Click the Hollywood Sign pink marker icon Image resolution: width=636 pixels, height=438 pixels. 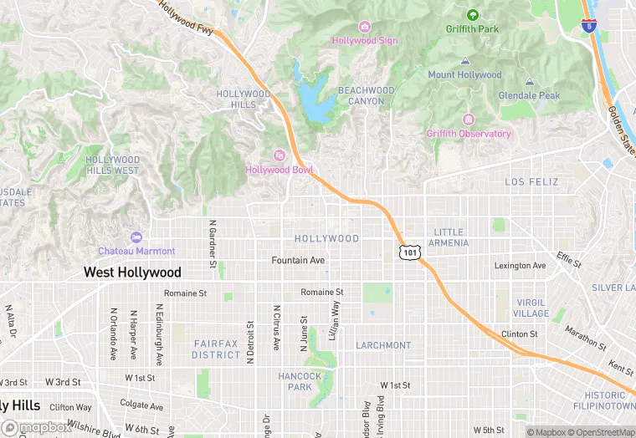364,27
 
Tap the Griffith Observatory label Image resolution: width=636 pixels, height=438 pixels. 468,134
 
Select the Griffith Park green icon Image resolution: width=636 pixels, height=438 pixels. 472,15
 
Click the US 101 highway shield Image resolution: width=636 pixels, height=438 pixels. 408,252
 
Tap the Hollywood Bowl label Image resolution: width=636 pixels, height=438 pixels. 280,170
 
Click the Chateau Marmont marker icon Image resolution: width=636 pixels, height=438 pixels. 136,237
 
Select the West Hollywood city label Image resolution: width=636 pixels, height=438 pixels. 132,272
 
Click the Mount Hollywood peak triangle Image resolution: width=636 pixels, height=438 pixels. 464,61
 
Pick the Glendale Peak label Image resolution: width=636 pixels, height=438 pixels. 529,95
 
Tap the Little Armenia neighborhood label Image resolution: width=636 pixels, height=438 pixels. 448,237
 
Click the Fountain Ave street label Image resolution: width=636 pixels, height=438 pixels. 298,261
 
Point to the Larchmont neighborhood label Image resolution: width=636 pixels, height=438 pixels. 383,345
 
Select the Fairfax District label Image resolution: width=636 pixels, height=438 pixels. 217,349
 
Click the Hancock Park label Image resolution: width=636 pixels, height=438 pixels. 300,381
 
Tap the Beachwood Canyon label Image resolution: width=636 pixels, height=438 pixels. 366,95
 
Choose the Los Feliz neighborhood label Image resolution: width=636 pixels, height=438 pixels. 531,181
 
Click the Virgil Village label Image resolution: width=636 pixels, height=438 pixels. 531,308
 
